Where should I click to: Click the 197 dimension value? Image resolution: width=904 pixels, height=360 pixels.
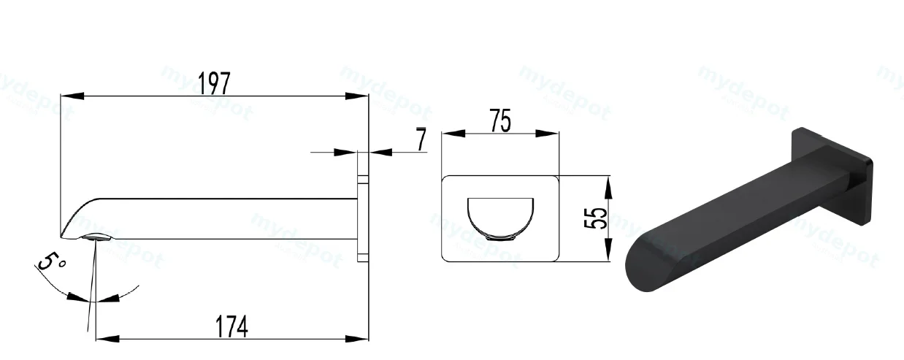(x=215, y=83)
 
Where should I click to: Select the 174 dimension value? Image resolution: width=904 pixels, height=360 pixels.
(x=231, y=326)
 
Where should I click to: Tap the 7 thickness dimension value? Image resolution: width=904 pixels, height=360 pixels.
(x=421, y=139)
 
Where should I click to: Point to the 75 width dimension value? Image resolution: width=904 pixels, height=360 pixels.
(x=501, y=120)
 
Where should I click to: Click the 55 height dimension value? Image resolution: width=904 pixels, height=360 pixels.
(x=596, y=218)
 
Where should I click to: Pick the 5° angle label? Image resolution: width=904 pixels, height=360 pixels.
(x=51, y=261)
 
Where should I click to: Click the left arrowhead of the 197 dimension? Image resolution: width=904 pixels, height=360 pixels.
(x=72, y=96)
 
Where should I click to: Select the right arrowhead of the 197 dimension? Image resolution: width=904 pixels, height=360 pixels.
(x=357, y=96)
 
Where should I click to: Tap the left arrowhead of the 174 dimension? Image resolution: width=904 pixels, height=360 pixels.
(x=108, y=338)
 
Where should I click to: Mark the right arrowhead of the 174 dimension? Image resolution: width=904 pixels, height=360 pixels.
(x=357, y=338)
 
